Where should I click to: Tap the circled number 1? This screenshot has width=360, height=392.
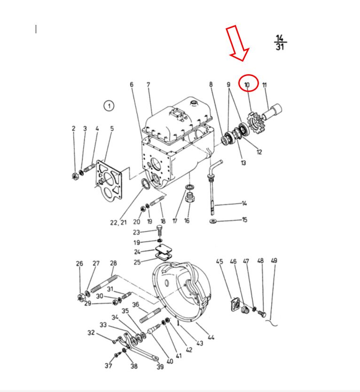109,106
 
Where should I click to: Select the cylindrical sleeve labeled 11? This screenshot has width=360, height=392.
272,112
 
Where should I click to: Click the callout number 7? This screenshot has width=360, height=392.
148,85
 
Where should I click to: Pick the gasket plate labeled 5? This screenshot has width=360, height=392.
109,180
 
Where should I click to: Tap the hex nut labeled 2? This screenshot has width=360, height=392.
75,176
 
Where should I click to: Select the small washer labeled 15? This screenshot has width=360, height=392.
213,221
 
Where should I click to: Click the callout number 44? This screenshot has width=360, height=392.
211,337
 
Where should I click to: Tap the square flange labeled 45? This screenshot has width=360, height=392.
235,305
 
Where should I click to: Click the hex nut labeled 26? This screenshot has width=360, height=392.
81,298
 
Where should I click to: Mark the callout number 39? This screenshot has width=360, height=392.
160,367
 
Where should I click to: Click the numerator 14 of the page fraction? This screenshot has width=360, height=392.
280,38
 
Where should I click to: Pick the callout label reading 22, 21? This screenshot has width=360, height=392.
118,222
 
